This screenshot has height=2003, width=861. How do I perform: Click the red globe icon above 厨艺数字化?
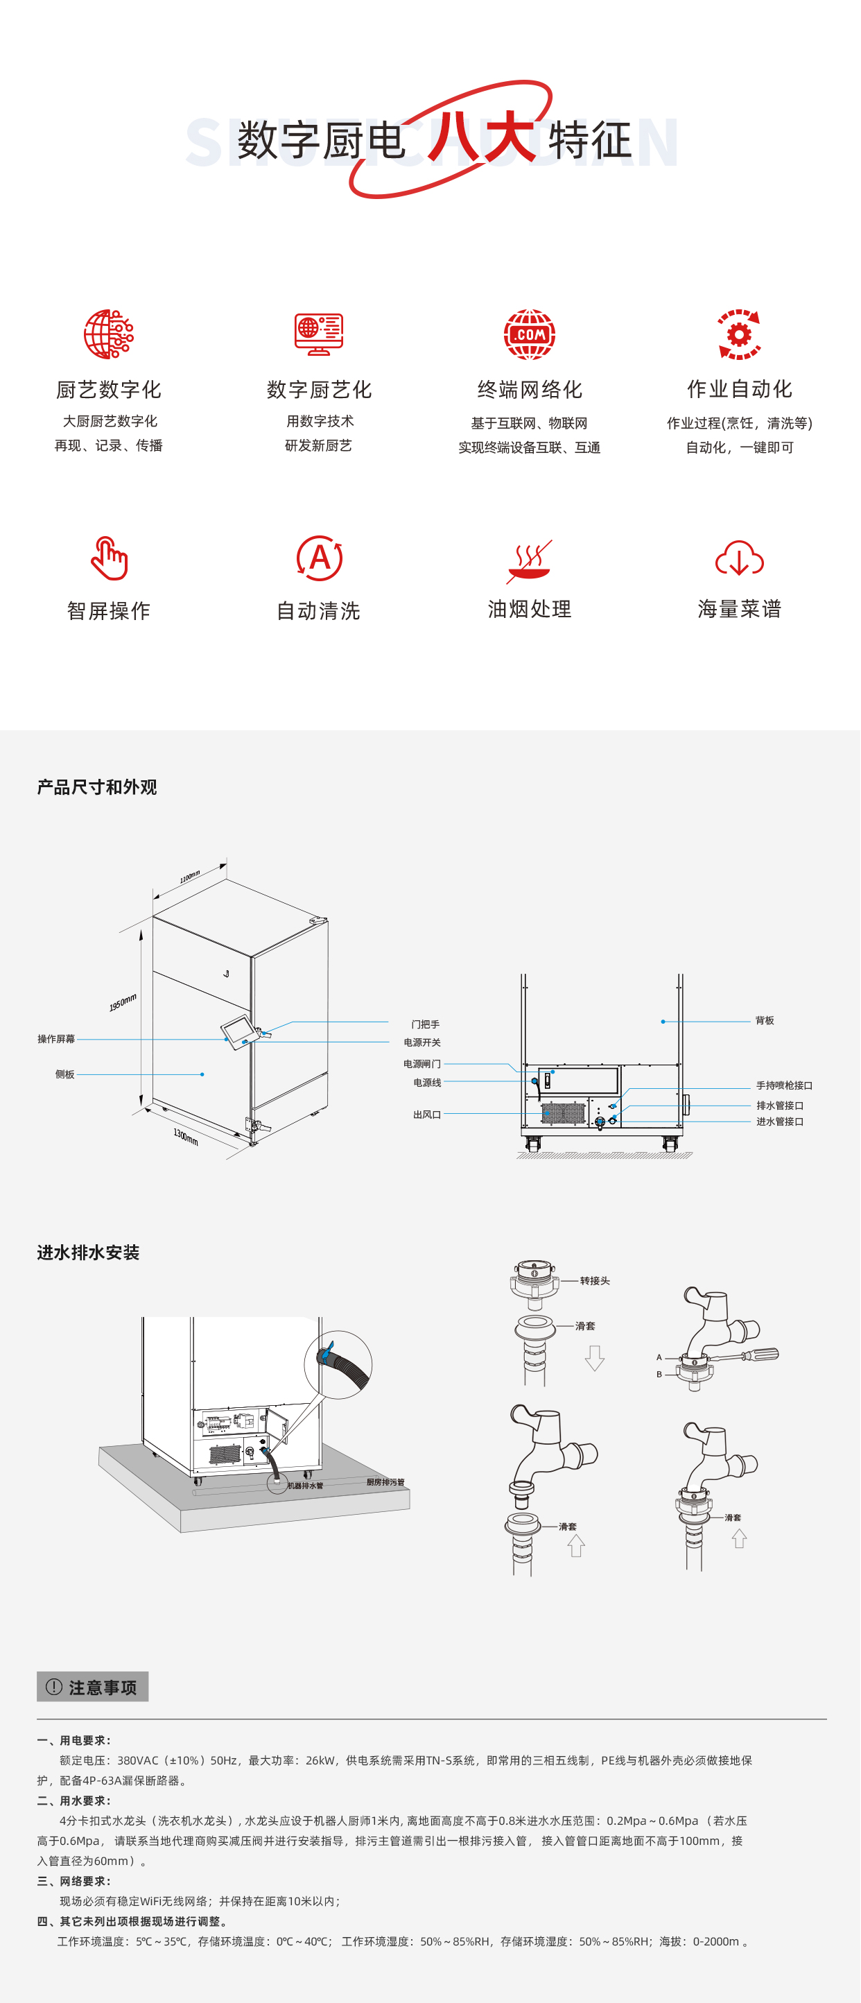pos(109,334)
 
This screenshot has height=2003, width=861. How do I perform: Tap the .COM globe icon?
pos(529,334)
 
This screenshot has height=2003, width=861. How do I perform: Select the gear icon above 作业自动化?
pos(739,335)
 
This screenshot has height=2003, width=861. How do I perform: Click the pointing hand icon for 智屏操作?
pos(109,558)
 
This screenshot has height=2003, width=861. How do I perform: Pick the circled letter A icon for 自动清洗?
pos(320,558)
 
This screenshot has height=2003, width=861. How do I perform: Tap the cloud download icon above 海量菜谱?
pos(739,559)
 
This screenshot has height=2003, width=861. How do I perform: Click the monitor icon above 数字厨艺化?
pos(319,334)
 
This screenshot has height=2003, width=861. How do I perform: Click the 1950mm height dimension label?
pos(123,1002)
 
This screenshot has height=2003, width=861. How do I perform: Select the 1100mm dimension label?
pos(190,877)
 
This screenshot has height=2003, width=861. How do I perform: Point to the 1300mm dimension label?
pos(186,1137)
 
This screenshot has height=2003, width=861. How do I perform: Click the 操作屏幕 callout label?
pos(56,1039)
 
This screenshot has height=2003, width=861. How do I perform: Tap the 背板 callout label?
pos(765,1020)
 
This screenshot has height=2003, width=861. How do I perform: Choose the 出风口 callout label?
pos(426,1115)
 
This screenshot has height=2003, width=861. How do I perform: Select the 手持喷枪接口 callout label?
pos(784,1085)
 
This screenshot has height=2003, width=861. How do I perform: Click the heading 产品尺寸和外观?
pos(97,787)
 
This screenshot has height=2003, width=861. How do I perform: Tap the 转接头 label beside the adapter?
pos(595,1280)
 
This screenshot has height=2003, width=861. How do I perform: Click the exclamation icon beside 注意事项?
pos(53,1687)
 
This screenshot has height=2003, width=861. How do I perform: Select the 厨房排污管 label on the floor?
pos(385,1482)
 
